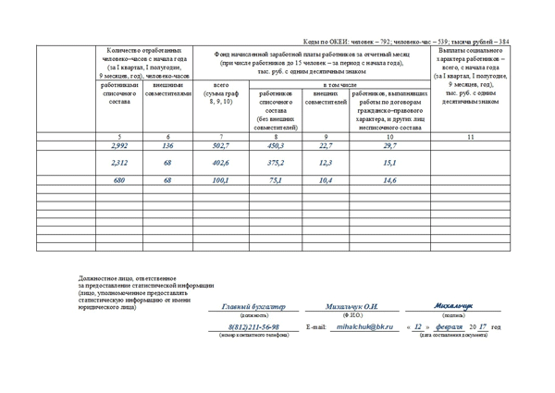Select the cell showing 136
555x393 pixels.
pos(167,146)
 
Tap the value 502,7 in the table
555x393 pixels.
pos(220,146)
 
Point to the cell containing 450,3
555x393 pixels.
pos(275,146)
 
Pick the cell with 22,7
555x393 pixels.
pos(325,146)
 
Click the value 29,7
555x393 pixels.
pos(389,146)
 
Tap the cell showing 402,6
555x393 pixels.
pos(220,163)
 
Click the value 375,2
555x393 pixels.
pos(275,163)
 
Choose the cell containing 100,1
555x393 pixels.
pos(220,180)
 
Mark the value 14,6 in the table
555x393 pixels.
pos(389,180)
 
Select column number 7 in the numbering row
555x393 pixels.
pos(220,137)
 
